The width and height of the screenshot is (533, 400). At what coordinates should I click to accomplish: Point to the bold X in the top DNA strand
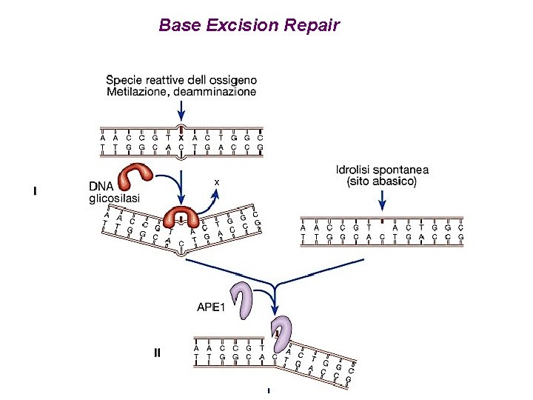pos(181,137)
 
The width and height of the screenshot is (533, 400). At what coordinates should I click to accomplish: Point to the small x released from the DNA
pos(216,181)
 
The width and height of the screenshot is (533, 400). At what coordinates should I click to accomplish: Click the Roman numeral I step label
pos(35,191)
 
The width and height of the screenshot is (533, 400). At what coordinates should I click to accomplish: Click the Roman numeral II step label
pos(157,353)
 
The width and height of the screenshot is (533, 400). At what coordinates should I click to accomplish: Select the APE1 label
pos(212,307)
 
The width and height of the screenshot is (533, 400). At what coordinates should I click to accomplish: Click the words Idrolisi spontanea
pos(381,170)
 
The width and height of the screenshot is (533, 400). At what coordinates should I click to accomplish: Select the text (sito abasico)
pos(381,181)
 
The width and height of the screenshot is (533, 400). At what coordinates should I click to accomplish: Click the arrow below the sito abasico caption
pos(381,200)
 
